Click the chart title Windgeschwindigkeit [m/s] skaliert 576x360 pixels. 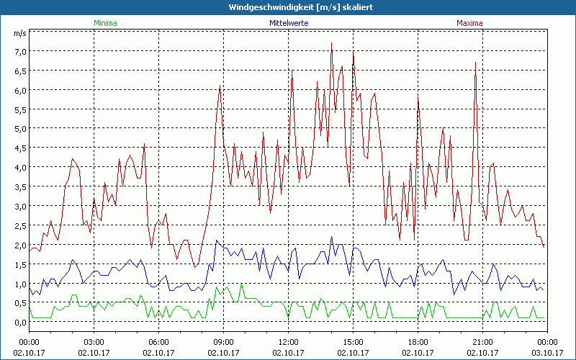point(287,7)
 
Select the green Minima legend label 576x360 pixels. point(105,23)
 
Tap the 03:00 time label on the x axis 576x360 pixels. point(94,342)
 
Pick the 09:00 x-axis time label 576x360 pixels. point(223,342)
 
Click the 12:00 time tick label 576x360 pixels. point(288,342)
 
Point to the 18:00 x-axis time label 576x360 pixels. point(418,342)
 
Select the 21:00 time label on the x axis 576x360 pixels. point(482,342)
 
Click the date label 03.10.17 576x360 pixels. point(547,352)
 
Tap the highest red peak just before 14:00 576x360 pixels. point(331,43)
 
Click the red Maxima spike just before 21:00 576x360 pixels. point(475,63)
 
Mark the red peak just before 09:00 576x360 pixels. point(220,86)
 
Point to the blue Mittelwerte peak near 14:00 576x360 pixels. point(331,237)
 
